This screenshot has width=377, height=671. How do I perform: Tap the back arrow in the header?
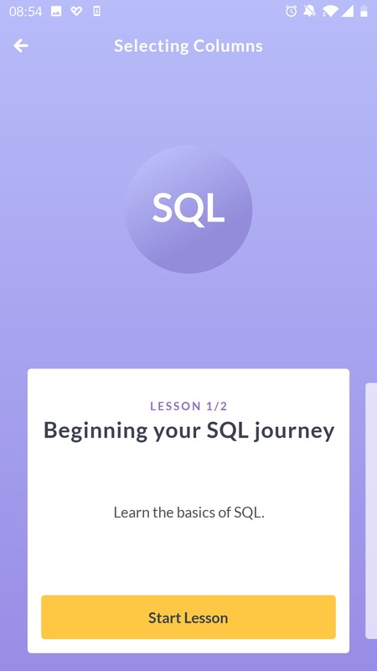[20, 45]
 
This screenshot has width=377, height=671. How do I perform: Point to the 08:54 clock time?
[26, 12]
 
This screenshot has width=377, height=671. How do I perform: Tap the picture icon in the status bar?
[56, 12]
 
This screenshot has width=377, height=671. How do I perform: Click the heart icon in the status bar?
[76, 12]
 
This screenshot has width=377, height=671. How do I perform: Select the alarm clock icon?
[291, 11]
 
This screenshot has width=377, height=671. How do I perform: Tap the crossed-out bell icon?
[309, 11]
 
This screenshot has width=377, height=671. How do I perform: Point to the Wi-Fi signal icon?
[329, 11]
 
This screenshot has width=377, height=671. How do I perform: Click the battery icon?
[364, 11]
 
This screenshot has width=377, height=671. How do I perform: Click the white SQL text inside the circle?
[188, 208]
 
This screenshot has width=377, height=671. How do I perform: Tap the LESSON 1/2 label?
[188, 406]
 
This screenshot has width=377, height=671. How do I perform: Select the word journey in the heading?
[295, 431]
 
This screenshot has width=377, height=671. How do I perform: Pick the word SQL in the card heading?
[227, 429]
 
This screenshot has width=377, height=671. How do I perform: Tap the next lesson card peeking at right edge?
[371, 511]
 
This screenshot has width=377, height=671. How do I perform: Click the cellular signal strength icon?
[347, 11]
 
